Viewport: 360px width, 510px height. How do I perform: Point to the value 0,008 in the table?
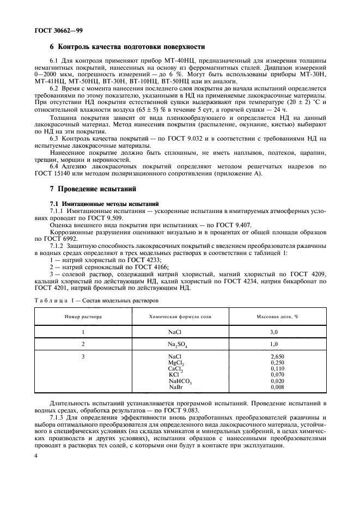277,387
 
